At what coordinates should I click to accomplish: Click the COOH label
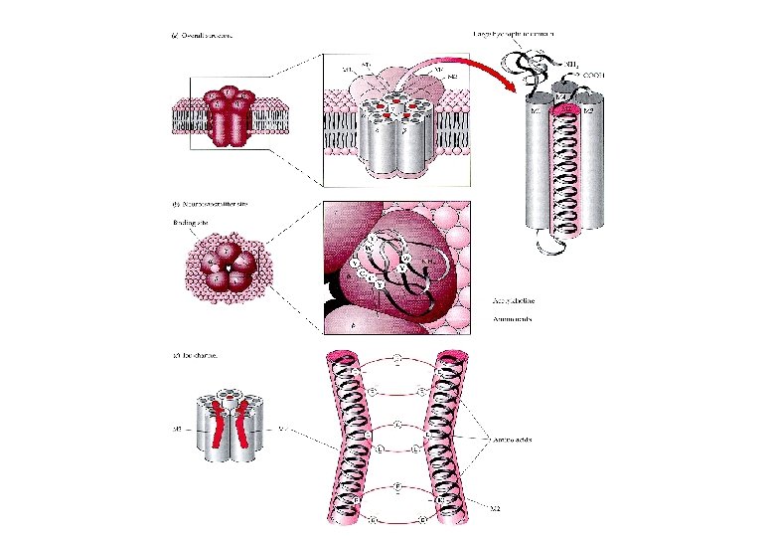click(594, 74)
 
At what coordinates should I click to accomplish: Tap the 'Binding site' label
click(185, 223)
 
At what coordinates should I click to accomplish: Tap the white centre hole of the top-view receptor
click(228, 269)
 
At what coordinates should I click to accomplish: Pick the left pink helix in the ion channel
click(349, 438)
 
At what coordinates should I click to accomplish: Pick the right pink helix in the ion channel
click(442, 438)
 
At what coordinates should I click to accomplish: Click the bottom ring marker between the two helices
click(395, 519)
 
